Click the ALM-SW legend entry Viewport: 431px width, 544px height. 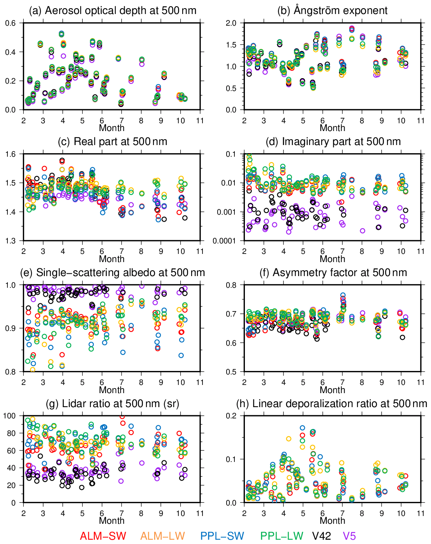click(x=103, y=536)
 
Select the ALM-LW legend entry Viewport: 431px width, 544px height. click(x=162, y=536)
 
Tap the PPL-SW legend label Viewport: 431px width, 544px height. click(x=222, y=536)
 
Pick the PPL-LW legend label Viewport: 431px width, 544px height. click(x=281, y=536)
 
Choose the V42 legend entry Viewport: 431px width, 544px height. click(x=322, y=536)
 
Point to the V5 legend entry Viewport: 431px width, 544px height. click(x=349, y=536)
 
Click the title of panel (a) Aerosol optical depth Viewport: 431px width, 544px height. click(x=113, y=10)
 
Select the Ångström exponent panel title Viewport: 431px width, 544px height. click(x=332, y=10)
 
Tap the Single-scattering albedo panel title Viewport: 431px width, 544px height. click(x=120, y=273)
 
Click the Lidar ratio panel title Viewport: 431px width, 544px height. click(x=113, y=404)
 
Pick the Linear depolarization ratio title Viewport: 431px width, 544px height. click(x=332, y=404)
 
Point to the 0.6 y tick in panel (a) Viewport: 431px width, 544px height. click(x=11, y=23)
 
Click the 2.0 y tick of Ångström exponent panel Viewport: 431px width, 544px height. click(x=231, y=23)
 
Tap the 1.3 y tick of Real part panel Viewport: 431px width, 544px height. click(x=11, y=241)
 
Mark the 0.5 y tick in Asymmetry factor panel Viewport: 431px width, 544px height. click(x=231, y=372)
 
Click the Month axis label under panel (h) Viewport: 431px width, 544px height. click(x=332, y=521)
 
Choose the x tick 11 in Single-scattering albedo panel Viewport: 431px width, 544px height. click(x=200, y=382)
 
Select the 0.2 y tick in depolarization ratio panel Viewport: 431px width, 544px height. click(x=231, y=416)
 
